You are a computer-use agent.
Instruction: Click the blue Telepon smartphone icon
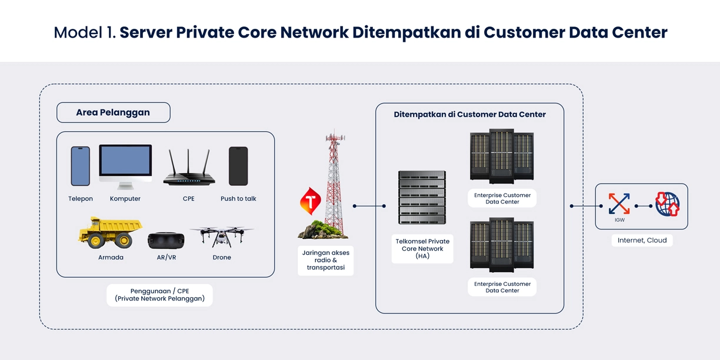(x=81, y=166)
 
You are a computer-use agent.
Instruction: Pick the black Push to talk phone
(x=238, y=166)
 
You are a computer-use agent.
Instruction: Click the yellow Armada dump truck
(x=111, y=233)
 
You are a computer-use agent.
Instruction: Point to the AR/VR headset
(x=165, y=241)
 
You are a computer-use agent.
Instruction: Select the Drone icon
(x=222, y=236)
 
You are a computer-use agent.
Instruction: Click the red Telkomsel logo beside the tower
(x=310, y=201)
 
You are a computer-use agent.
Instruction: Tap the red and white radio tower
(x=334, y=182)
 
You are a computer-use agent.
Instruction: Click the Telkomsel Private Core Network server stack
(x=422, y=198)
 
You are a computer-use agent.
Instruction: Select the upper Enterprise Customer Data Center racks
(x=502, y=157)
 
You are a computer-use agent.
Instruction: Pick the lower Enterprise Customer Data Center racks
(x=502, y=245)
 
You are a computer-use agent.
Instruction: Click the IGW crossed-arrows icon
(x=619, y=204)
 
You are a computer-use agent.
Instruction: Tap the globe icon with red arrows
(x=668, y=204)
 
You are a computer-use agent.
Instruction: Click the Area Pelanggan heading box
(x=114, y=112)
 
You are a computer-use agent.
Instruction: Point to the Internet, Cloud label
(x=642, y=241)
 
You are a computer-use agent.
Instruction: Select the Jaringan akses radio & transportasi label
(x=325, y=261)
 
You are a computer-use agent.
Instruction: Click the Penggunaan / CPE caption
(x=159, y=295)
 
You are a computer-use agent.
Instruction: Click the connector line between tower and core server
(x=369, y=206)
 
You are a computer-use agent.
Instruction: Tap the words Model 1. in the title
(x=85, y=32)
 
